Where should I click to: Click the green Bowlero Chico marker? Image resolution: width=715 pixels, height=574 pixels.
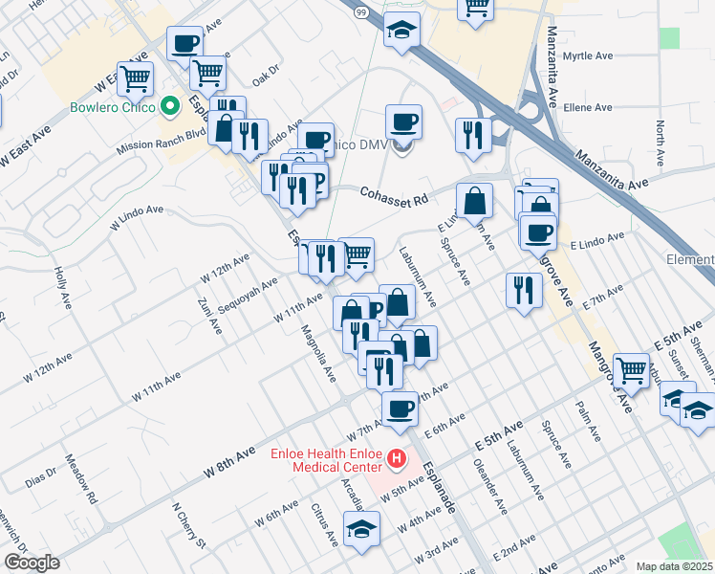(172, 106)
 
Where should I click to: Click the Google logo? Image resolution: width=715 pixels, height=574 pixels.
(31, 563)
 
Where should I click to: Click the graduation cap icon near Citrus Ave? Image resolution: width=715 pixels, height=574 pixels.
(361, 529)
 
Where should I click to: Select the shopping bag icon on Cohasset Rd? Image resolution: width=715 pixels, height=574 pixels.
(474, 201)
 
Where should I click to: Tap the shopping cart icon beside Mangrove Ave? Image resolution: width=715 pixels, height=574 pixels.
(630, 369)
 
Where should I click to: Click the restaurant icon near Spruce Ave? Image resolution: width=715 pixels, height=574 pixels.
(523, 290)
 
